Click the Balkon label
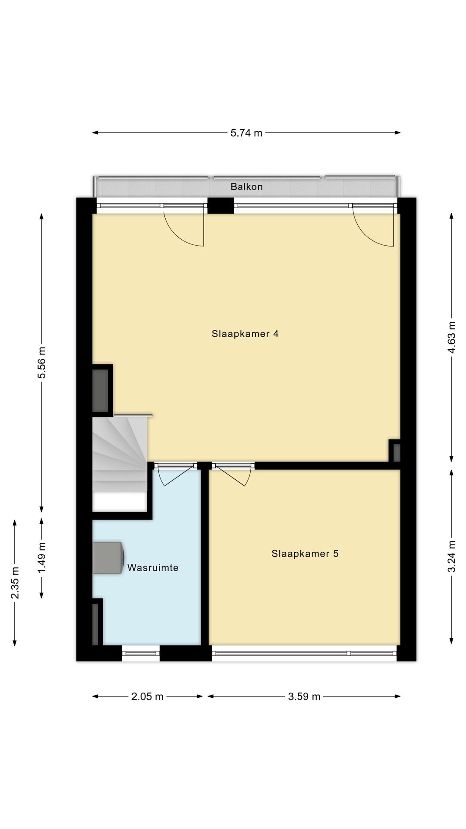[246, 187]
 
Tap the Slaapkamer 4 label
[245, 334]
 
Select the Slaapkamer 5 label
[305, 554]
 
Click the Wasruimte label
[153, 568]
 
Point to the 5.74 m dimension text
[246, 133]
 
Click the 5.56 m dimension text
[42, 362]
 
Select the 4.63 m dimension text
[451, 337]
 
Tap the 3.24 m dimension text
[451, 556]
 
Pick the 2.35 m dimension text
[15, 582]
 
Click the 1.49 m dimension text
[42, 558]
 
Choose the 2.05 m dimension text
[147, 696]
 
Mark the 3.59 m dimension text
[304, 696]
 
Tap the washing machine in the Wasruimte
[108, 557]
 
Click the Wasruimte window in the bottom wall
[141, 653]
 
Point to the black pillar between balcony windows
[220, 205]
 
